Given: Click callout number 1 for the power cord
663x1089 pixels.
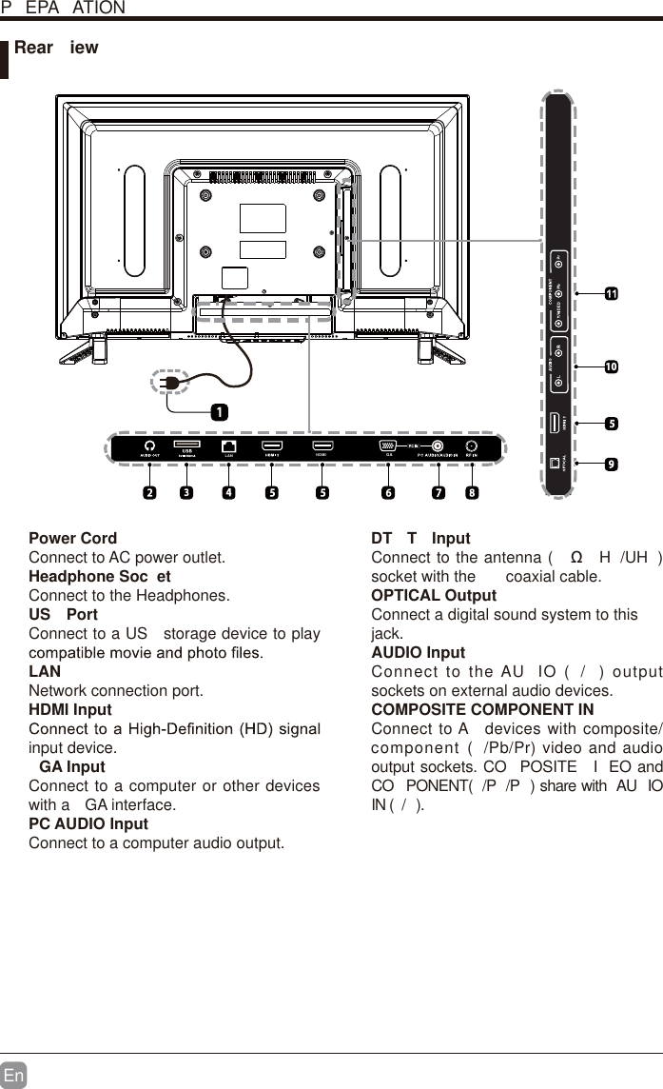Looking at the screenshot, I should point(219,412).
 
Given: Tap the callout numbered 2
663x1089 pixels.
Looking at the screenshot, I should point(149,493).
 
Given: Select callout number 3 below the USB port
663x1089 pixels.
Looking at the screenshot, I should point(186,493).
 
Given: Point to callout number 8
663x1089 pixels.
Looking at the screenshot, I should point(472,493).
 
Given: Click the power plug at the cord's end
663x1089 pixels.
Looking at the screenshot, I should point(168,383).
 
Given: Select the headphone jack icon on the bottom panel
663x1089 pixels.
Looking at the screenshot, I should point(149,445).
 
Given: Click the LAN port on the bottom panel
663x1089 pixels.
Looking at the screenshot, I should point(228,445).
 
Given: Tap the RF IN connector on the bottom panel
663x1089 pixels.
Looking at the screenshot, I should point(471,445).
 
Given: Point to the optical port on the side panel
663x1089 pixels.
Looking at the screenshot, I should point(557,464).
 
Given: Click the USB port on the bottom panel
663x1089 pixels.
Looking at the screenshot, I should point(186,445).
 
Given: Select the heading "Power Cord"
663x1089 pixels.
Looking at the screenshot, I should point(73,539).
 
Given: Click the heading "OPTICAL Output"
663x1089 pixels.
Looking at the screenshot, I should point(434,596).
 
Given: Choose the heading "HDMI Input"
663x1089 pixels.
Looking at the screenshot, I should point(70,710).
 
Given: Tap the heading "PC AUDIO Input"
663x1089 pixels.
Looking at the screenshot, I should point(88,824).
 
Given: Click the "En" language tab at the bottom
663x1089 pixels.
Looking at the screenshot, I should point(13,1075).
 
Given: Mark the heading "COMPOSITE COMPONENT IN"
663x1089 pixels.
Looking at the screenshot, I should point(482,710).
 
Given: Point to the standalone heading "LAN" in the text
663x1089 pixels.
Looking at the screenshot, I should point(45,672).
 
